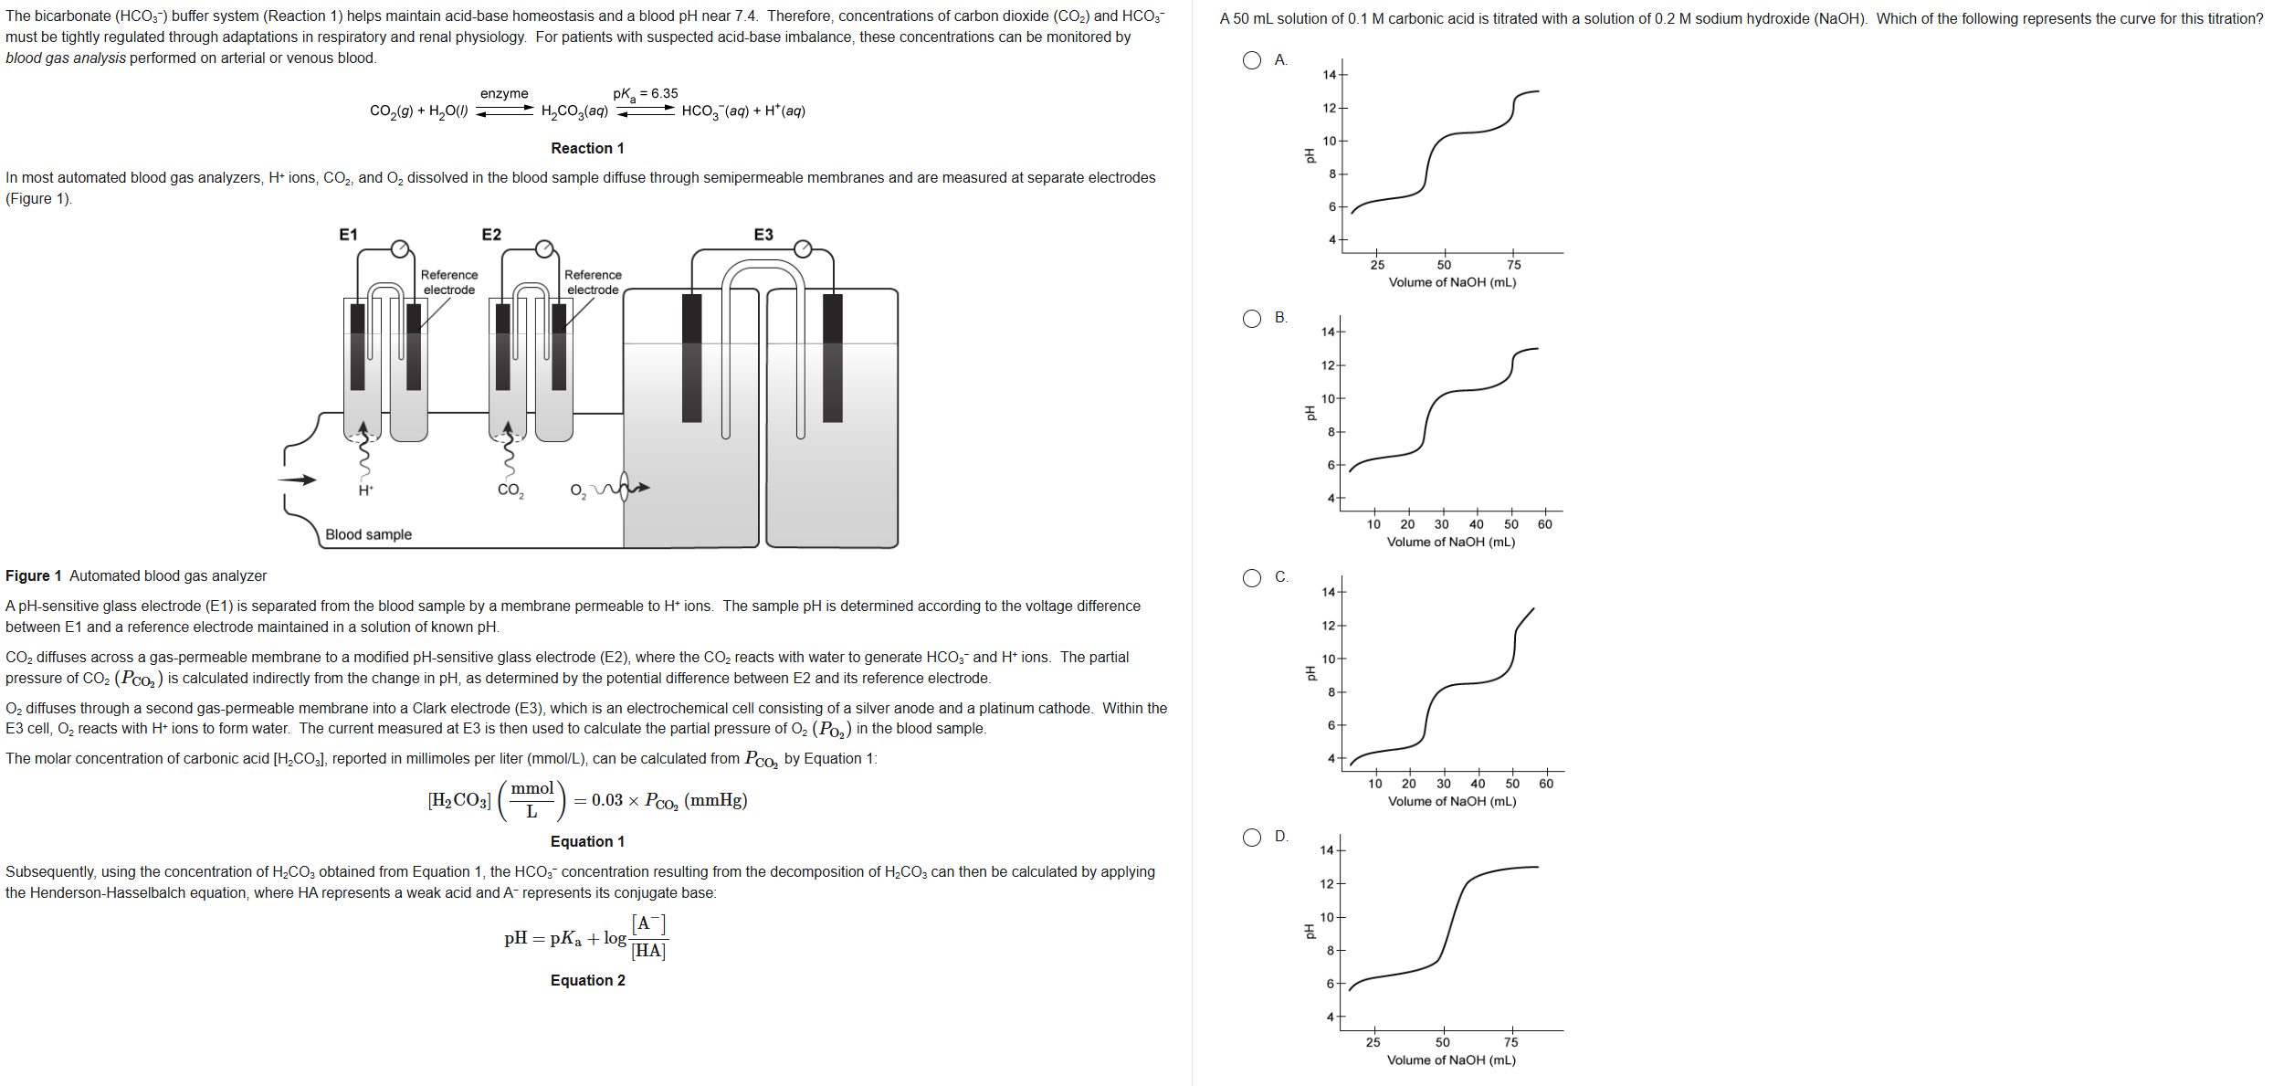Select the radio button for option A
(1251, 60)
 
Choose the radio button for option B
(1251, 319)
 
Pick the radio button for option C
(1251, 578)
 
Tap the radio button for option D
(1251, 838)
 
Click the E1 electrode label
(348, 235)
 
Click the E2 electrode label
(491, 235)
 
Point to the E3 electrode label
(763, 235)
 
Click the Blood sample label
(368, 534)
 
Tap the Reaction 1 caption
(587, 148)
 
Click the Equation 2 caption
(587, 980)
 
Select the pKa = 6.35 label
(646, 93)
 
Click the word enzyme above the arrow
(504, 93)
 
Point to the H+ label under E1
(365, 490)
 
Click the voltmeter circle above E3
(803, 248)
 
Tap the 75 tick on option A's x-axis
(1513, 265)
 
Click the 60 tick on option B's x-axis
(1544, 524)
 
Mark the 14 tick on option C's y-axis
(1329, 592)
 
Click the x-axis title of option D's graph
(1450, 1060)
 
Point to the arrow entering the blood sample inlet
(298, 480)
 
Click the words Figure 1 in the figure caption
(33, 575)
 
